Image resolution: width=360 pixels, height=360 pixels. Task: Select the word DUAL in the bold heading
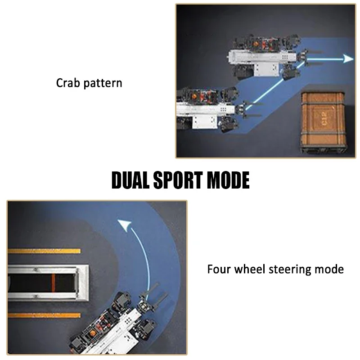130,180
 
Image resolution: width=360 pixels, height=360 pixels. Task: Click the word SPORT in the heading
178,180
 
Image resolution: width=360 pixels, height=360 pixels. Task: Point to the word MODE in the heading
228,180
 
